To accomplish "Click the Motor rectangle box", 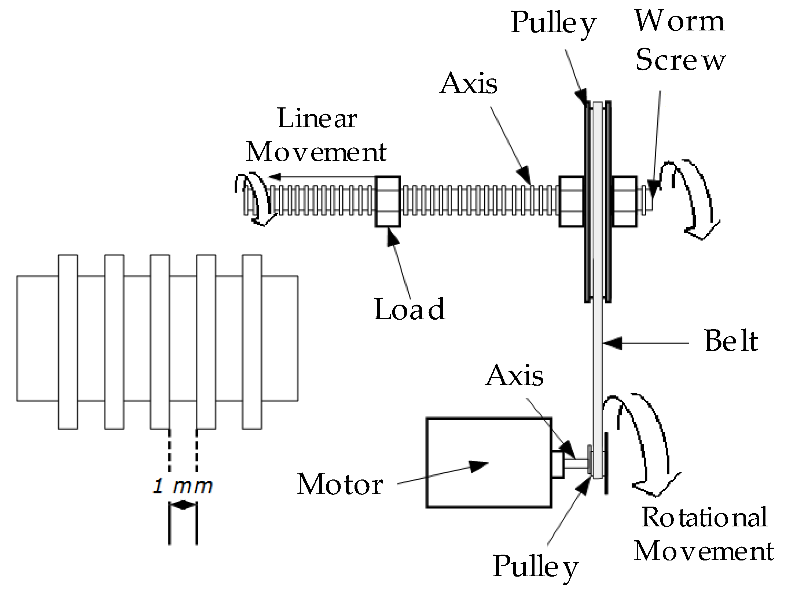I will tap(488, 463).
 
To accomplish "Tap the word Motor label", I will tap(339, 485).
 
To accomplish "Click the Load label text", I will tap(409, 309).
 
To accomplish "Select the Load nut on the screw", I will tap(388, 202).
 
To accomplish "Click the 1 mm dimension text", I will tap(182, 486).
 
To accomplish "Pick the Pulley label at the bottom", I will tap(535, 567).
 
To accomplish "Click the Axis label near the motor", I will tap(514, 376).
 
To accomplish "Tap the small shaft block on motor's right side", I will tap(558, 464).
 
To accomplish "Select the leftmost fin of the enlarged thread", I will tap(68, 342).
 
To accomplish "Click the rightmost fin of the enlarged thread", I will tap(252, 342).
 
